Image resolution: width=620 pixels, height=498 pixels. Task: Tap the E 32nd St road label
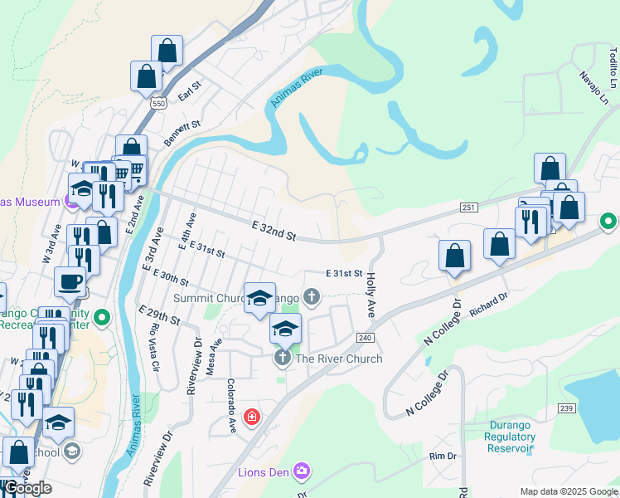click(x=273, y=230)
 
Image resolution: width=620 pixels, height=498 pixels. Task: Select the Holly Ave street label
click(x=371, y=295)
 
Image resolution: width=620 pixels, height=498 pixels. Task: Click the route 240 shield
click(x=365, y=338)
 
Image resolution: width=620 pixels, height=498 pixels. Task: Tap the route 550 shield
click(x=158, y=103)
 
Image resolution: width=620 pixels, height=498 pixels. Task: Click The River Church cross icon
click(x=282, y=359)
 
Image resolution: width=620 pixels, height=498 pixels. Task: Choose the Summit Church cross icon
click(x=312, y=296)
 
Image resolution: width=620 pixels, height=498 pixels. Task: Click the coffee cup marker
click(x=70, y=281)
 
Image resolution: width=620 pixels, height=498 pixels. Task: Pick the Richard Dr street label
click(x=487, y=306)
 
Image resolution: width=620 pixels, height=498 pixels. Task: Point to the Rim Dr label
click(x=443, y=456)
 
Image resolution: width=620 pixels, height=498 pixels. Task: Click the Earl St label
click(x=190, y=90)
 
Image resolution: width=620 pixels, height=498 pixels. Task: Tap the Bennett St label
click(x=182, y=134)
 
